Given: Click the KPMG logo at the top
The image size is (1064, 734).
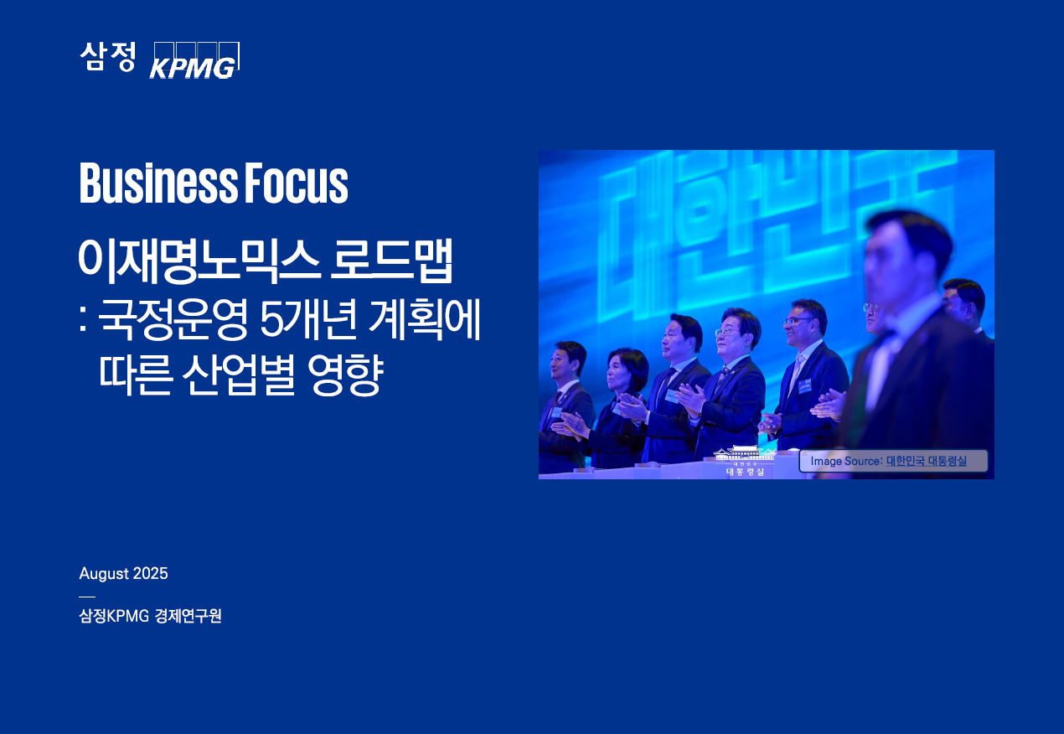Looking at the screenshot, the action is pyautogui.click(x=194, y=60).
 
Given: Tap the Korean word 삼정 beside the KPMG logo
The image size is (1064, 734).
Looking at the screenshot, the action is pyautogui.click(x=108, y=56).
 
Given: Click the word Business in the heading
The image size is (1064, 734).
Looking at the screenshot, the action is pyautogui.click(x=158, y=183).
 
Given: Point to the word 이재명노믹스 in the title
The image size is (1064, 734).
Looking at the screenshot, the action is pyautogui.click(x=200, y=261).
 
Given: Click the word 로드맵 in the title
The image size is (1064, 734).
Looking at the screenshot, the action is pyautogui.click(x=391, y=261).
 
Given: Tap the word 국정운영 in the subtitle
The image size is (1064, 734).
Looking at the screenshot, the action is pyautogui.click(x=173, y=318).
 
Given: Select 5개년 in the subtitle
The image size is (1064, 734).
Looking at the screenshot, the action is pyautogui.click(x=309, y=318).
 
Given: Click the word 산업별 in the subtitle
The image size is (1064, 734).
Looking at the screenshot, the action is pyautogui.click(x=238, y=375).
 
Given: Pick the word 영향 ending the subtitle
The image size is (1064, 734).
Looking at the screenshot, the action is pyautogui.click(x=345, y=375).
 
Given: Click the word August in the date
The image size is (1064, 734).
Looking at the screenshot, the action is pyautogui.click(x=104, y=574).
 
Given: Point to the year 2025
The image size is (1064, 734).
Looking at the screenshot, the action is pyautogui.click(x=150, y=573).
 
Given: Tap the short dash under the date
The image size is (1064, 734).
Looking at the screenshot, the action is pyautogui.click(x=87, y=597).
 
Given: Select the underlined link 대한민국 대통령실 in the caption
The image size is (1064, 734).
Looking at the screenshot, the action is pyautogui.click(x=927, y=461).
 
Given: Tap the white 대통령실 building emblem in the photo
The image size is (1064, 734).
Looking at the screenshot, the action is pyautogui.click(x=745, y=460).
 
